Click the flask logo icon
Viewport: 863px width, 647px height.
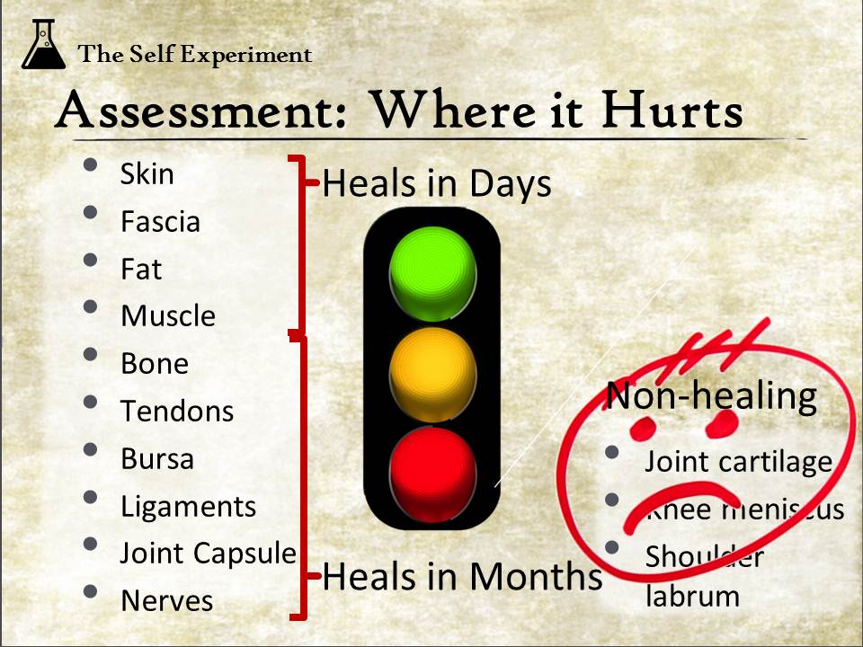pos(43,44)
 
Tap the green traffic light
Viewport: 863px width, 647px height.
pos(432,273)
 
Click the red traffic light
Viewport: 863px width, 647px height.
pos(432,474)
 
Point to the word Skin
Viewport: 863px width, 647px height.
pos(147,173)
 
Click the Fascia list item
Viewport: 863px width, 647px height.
pos(160,222)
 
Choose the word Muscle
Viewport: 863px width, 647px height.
pos(168,315)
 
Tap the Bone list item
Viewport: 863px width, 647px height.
pos(155,364)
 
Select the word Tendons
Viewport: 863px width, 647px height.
pos(177,411)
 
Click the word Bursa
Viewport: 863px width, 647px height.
pos(157,459)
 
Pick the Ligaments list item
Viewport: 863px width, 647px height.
pos(188,507)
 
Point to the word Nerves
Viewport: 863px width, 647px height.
pos(167,601)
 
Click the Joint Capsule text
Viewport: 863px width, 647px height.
pos(208,554)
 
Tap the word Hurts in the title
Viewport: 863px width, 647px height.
pos(672,109)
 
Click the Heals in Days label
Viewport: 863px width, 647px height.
pos(437,183)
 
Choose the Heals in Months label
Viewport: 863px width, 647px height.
pos(462,576)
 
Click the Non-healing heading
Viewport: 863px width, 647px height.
pos(711,396)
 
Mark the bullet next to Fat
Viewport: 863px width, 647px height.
pos(90,259)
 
